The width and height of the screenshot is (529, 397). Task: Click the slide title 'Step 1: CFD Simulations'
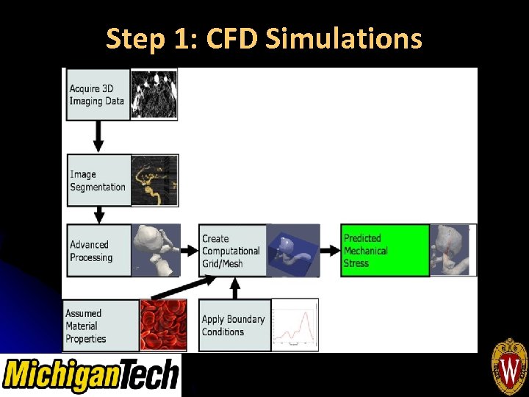[x=264, y=38]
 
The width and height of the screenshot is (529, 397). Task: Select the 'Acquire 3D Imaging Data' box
[x=98, y=94]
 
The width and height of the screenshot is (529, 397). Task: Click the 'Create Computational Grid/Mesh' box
[x=232, y=251]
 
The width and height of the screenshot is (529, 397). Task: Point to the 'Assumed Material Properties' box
[x=101, y=326]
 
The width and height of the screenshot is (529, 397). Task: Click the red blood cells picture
[x=163, y=324]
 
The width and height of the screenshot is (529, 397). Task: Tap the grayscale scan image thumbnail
[x=154, y=93]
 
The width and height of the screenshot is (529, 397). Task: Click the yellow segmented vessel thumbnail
[x=154, y=180]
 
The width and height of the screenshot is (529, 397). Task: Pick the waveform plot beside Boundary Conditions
[x=295, y=324]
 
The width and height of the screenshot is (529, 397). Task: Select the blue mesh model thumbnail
[x=293, y=251]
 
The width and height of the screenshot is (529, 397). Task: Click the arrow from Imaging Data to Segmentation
[x=98, y=137]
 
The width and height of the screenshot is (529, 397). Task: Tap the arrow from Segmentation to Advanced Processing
[x=98, y=215]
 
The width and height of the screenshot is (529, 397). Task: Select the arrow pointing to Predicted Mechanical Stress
[x=330, y=251]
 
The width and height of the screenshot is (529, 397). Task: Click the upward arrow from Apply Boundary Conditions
[x=235, y=288]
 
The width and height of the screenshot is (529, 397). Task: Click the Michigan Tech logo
[x=91, y=375]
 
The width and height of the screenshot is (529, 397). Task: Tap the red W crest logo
[x=509, y=367]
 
